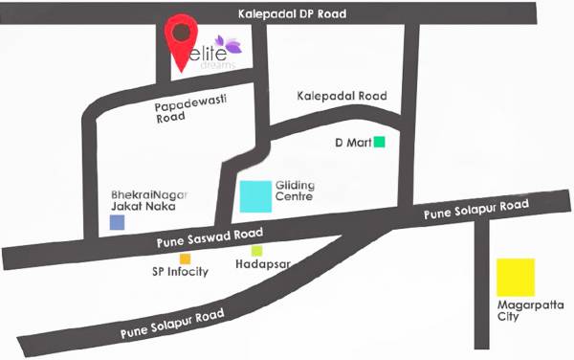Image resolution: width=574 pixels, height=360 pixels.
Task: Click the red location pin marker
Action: pos(182,37)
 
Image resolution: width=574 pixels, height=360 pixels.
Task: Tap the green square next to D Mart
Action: pos(379,143)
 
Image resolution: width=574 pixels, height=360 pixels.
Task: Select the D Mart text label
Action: pos(350,144)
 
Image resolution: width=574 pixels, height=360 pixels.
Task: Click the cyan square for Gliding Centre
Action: pos(255,196)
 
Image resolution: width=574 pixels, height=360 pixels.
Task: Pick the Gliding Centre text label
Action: pos(295,191)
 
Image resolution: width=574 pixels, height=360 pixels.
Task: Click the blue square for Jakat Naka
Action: pos(117,222)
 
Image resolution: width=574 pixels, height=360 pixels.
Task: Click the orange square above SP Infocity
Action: pos(186,259)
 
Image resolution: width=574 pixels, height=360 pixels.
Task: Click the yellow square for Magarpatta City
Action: pos(516,277)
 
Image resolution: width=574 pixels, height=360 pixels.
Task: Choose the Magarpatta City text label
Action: pos(517,310)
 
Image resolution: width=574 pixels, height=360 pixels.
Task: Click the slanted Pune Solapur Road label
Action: pos(172,325)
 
